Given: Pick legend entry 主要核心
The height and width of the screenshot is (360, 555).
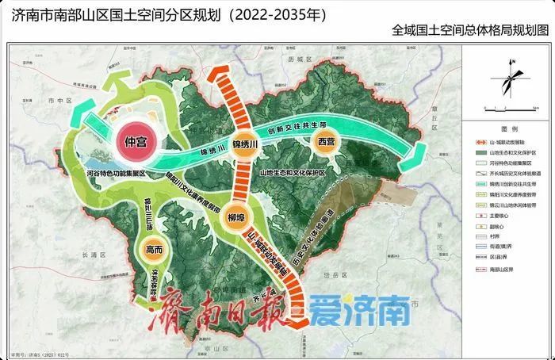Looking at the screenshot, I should [507, 213].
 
